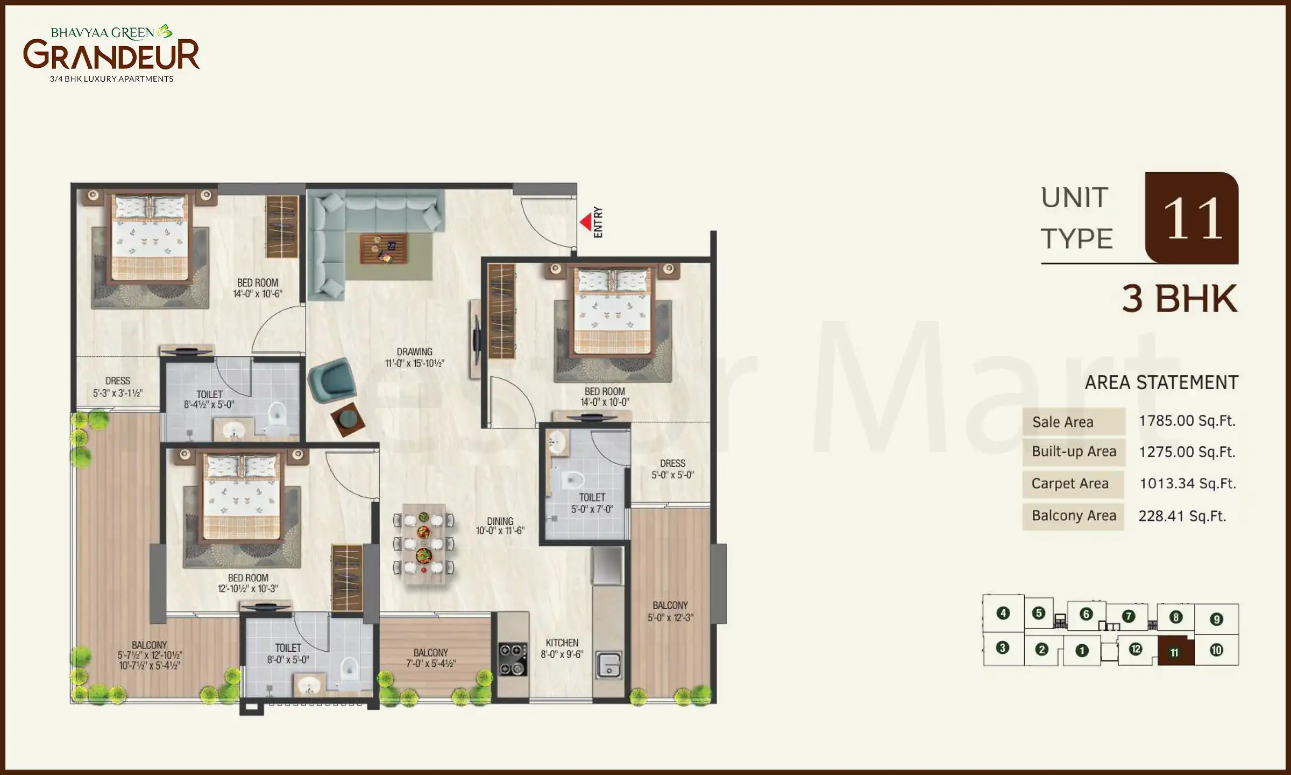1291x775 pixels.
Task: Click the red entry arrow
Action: (x=585, y=222)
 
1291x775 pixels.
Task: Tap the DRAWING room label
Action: (x=414, y=352)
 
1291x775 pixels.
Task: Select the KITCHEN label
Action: (x=562, y=643)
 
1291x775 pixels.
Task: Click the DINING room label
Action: (x=500, y=521)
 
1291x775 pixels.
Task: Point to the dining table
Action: (x=424, y=544)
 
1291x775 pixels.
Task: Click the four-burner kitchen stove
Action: (x=513, y=659)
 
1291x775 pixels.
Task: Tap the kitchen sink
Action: (x=609, y=665)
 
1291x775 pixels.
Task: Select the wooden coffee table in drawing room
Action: (x=383, y=249)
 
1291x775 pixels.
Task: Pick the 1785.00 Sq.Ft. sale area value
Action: (x=1187, y=421)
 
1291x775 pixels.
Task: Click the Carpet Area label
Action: (x=1070, y=484)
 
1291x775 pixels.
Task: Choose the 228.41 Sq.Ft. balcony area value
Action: (x=1182, y=516)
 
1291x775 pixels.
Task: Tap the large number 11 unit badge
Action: (x=1192, y=218)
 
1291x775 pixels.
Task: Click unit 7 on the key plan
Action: (x=1128, y=616)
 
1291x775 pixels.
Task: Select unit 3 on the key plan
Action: (x=1002, y=647)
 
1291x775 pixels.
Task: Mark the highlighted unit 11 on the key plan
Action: (x=1174, y=652)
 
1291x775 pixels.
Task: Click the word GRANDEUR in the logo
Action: (x=111, y=55)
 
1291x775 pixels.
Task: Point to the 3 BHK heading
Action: (x=1179, y=299)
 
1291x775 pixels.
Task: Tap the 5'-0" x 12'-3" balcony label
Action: (x=670, y=618)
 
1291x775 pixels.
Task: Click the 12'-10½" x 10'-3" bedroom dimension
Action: (x=247, y=589)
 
